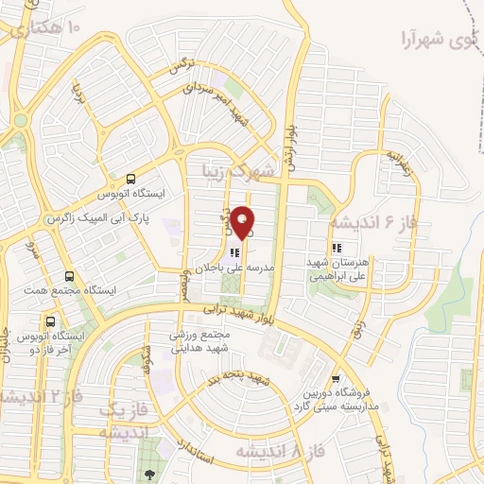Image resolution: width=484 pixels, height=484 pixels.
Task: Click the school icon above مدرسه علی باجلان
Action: tap(233, 251)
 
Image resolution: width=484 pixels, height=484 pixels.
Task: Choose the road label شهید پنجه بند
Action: tap(248, 379)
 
